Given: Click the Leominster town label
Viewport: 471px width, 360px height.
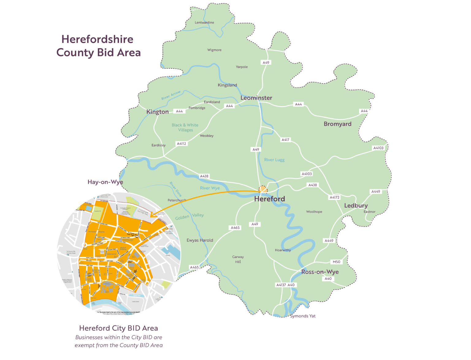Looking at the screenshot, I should pyautogui.click(x=256, y=98).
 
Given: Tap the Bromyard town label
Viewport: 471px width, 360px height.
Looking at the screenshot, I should pyautogui.click(x=337, y=124).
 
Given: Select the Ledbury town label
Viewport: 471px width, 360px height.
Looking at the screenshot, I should pyautogui.click(x=356, y=205).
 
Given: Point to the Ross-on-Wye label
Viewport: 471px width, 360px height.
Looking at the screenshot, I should pyautogui.click(x=320, y=272).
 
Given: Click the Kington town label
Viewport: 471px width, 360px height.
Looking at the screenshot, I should pyautogui.click(x=157, y=112).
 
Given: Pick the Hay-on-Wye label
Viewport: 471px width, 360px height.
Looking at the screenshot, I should pyautogui.click(x=105, y=182).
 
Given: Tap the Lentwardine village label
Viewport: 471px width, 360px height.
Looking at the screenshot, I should pyautogui.click(x=204, y=22).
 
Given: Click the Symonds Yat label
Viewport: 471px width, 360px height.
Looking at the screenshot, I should pyautogui.click(x=303, y=316).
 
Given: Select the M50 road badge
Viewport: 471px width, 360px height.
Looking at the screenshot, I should pyautogui.click(x=336, y=262).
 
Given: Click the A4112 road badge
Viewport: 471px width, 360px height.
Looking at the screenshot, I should pyautogui.click(x=181, y=144).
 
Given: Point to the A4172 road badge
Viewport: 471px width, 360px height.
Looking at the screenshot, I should pyautogui.click(x=334, y=197).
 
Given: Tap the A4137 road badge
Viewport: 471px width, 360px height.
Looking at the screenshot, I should pyautogui.click(x=281, y=285).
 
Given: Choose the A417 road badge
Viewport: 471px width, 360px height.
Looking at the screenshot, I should pyautogui.click(x=285, y=140).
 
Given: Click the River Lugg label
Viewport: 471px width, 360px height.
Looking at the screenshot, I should pyautogui.click(x=274, y=160).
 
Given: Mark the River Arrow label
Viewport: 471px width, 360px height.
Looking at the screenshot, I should pyautogui.click(x=171, y=95).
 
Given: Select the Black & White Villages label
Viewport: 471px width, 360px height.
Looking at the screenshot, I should pyautogui.click(x=185, y=128).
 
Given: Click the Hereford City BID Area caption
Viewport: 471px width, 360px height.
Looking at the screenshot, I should pyautogui.click(x=118, y=328).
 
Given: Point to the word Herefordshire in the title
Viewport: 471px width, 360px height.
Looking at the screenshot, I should pyautogui.click(x=97, y=39).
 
